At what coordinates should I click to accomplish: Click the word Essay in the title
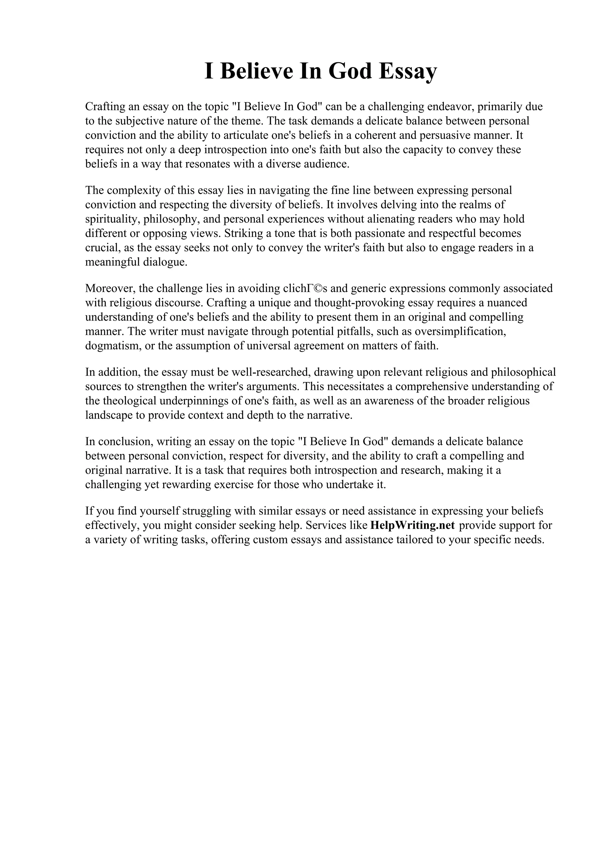[408, 72]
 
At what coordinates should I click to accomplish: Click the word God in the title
[350, 72]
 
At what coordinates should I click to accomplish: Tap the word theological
[135, 401]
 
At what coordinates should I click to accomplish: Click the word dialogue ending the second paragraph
[162, 262]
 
